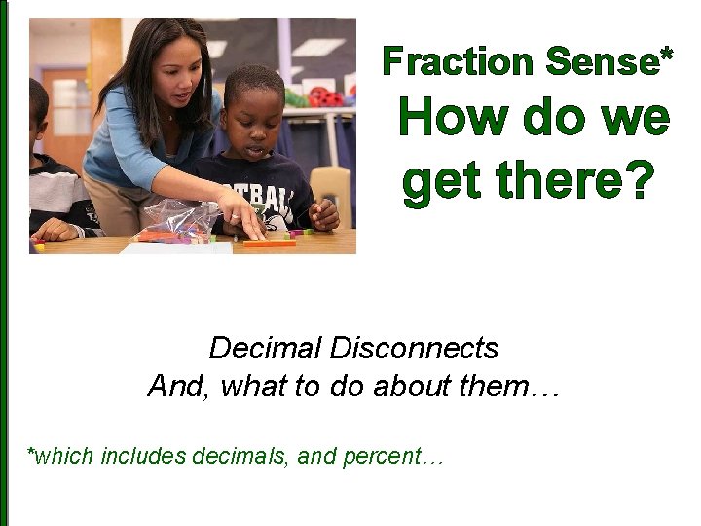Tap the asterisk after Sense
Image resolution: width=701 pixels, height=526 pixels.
(666, 56)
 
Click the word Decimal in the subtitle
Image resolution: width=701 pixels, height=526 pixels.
(265, 348)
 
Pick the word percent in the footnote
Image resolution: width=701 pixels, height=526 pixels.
(387, 455)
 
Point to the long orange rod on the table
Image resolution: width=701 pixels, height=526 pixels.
(269, 243)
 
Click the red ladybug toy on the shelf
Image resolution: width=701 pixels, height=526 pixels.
(322, 96)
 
